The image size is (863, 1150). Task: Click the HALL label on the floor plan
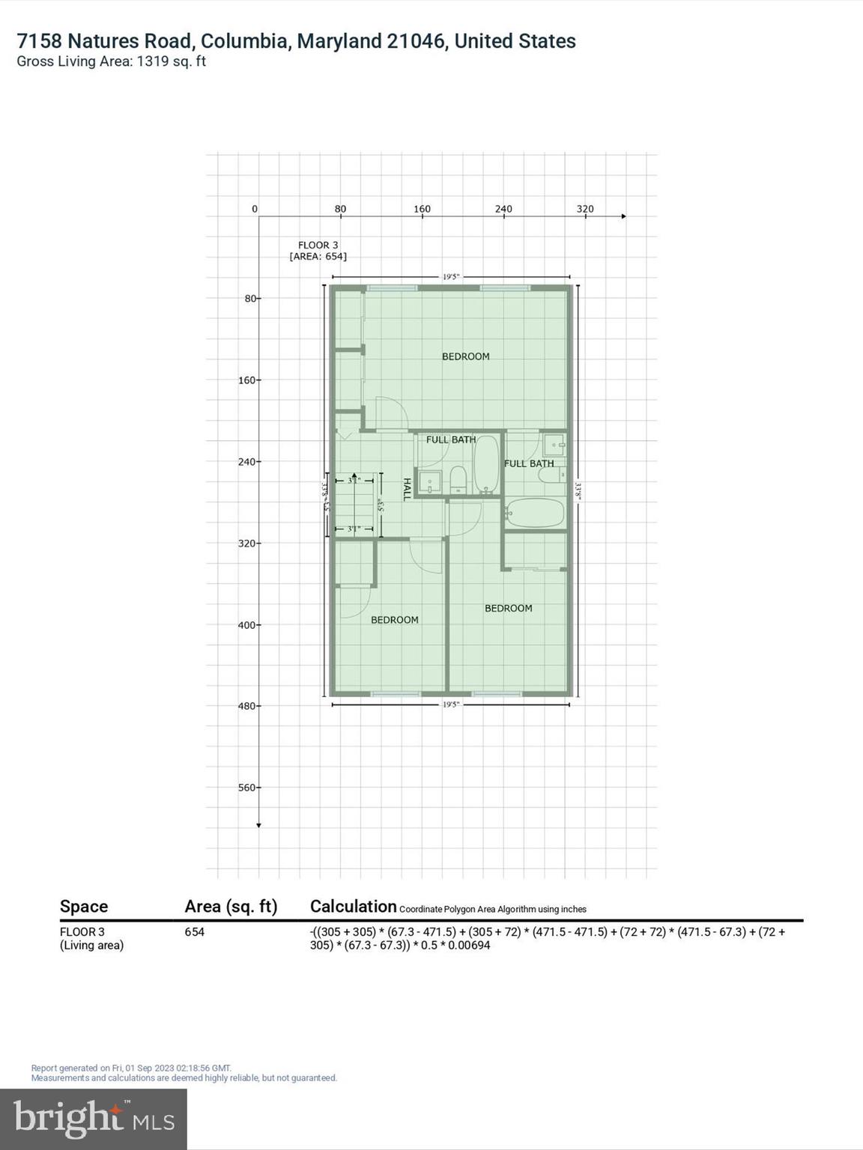coord(408,490)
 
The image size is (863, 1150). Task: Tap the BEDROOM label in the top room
coord(465,356)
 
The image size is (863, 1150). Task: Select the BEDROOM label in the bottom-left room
coord(394,620)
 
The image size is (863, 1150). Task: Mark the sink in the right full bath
coord(555,445)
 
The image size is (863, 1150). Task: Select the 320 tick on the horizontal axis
coord(585,209)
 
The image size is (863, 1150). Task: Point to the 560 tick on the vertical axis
coord(247,788)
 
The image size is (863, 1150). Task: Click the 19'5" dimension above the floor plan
coord(450,276)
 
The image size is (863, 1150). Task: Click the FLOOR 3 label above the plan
coord(318,245)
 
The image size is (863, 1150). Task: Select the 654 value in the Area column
coord(195,932)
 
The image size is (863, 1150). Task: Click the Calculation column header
coord(353,907)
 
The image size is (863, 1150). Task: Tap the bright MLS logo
coord(94,1119)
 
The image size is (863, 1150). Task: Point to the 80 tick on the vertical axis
coord(249,298)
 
